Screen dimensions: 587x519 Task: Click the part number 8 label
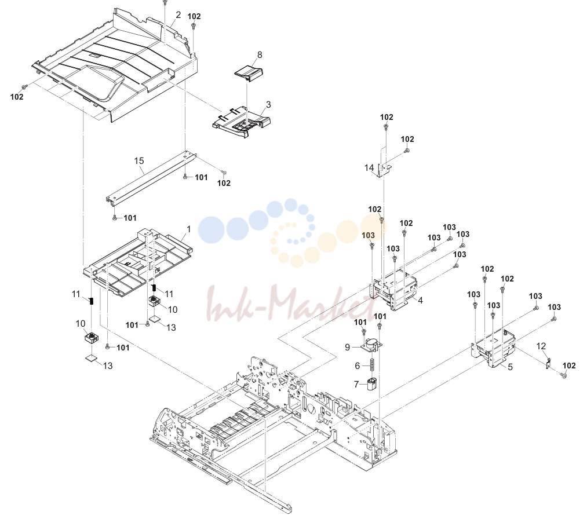260,54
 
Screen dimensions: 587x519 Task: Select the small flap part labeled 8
249,72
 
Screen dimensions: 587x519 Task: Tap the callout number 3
268,104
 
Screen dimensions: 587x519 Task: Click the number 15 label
139,160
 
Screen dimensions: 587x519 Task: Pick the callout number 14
369,167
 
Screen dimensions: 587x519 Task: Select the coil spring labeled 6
372,365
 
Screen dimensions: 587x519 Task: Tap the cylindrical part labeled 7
371,384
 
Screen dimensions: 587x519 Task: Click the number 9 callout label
348,347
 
